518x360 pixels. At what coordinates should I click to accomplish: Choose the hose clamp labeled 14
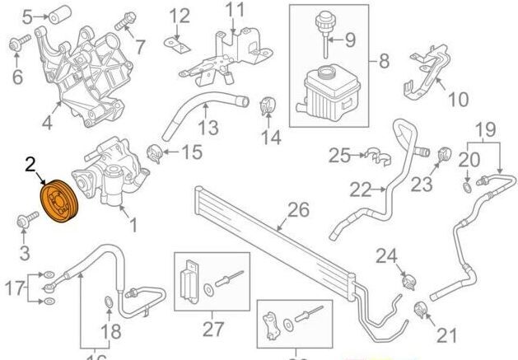pyautogui.click(x=268, y=107)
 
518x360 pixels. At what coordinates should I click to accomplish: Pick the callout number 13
pyautogui.click(x=208, y=129)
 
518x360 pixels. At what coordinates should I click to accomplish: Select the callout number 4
pyautogui.click(x=46, y=126)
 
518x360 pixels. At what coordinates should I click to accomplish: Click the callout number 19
pyautogui.click(x=486, y=129)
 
